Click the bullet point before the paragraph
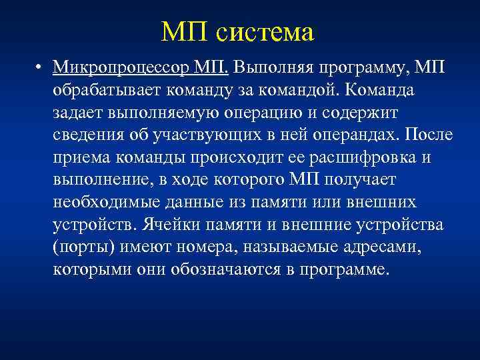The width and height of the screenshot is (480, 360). [41, 68]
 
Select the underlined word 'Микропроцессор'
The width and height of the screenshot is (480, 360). [123, 67]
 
